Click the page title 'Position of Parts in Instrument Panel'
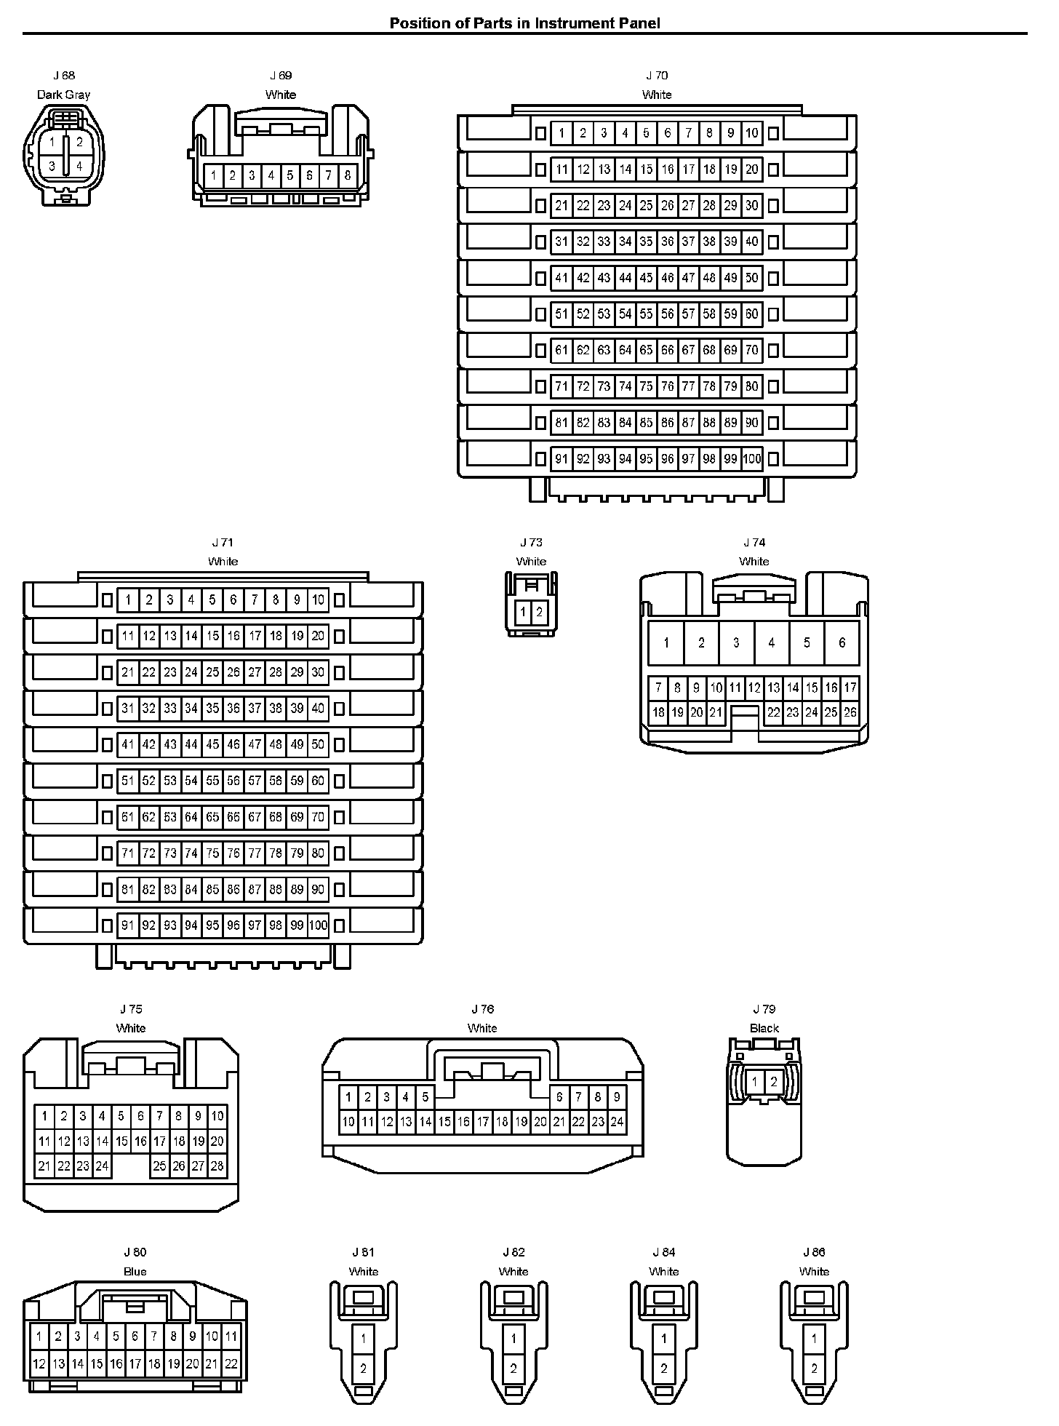pos(524,23)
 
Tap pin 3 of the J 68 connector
pos(52,167)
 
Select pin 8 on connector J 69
pos(348,175)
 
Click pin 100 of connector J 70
pos(752,459)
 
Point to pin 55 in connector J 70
pos(646,314)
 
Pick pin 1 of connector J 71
pos(128,600)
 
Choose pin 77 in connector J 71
pos(255,853)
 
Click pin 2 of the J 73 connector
pos(539,612)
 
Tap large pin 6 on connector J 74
pos(842,642)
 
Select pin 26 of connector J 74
pos(850,713)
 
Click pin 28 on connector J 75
pos(217,1166)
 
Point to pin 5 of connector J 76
pos(425,1097)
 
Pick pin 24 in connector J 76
pos(616,1122)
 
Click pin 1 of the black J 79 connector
pos(755,1082)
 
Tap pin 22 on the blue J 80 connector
pos(231,1364)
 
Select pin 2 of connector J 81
pos(364,1369)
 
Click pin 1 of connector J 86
pos(814,1338)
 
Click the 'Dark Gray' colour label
pos(64,95)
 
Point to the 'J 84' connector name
pos(663,1252)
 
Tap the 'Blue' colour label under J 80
pos(135,1271)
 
